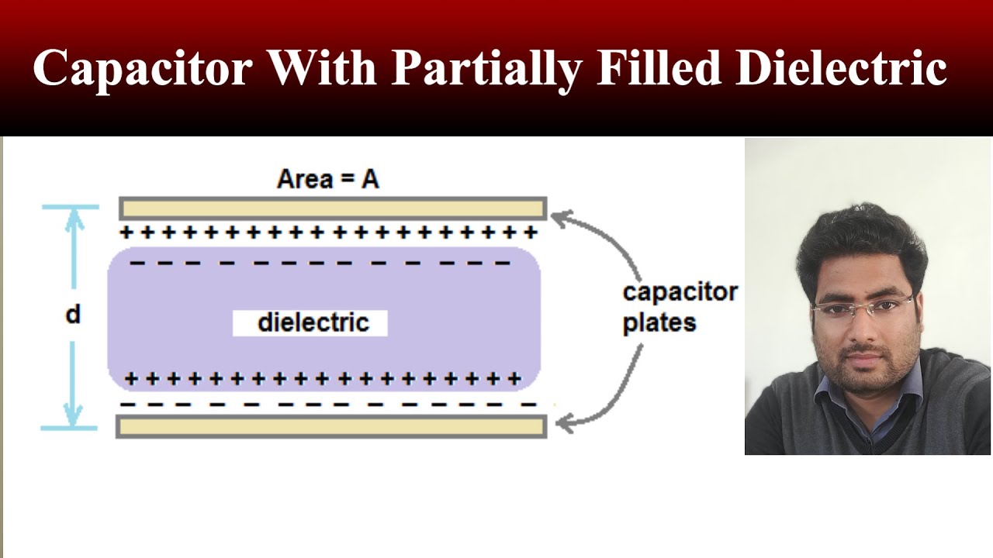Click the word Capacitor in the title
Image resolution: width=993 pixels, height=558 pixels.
click(143, 68)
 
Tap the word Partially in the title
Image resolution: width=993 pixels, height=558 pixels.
click(486, 68)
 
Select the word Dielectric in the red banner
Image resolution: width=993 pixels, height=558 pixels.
click(841, 68)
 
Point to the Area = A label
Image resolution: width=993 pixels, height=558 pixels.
click(328, 180)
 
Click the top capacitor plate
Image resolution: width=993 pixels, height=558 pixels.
click(333, 208)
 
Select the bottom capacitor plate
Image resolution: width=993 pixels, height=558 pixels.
click(331, 427)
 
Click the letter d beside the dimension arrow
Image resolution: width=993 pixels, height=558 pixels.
click(73, 315)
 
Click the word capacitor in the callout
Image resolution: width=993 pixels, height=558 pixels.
click(680, 292)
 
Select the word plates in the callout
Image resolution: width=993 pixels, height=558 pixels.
click(659, 322)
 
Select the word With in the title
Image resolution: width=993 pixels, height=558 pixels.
click(323, 68)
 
